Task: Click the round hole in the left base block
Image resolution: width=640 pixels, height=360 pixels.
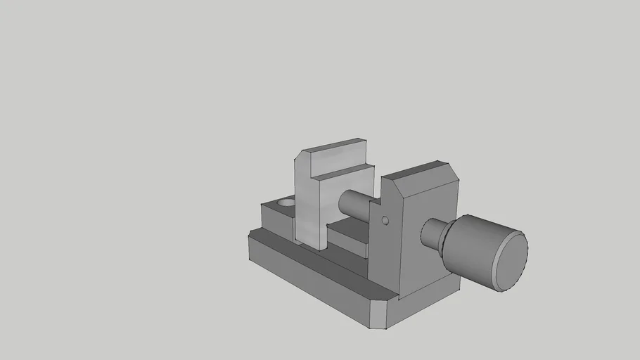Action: point(286,202)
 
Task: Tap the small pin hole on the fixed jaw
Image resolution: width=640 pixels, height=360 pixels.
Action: point(385,221)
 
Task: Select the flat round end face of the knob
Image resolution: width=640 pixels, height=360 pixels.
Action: point(511,261)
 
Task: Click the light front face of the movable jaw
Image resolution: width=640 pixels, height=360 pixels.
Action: point(309,211)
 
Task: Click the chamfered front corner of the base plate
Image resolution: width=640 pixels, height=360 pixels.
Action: point(379,316)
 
